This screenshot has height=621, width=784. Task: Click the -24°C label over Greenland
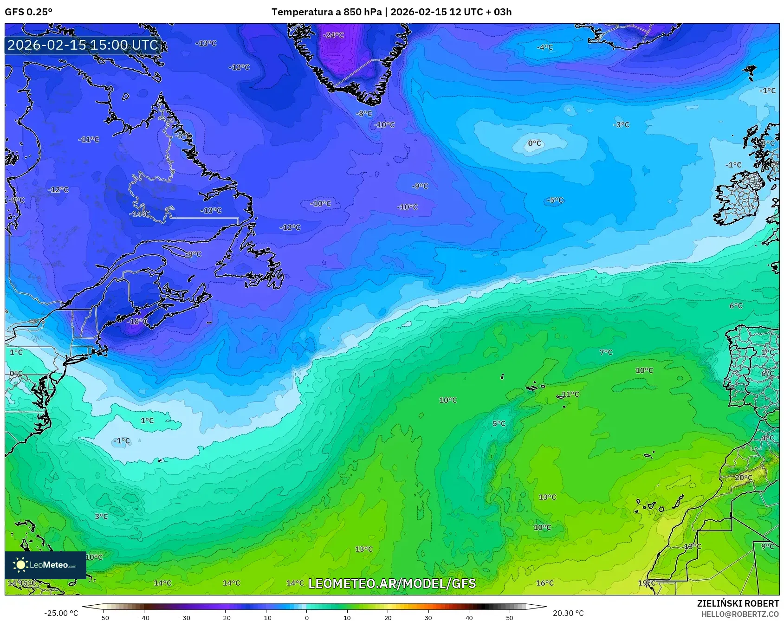[x=334, y=35]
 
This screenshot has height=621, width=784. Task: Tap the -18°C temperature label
[x=137, y=321]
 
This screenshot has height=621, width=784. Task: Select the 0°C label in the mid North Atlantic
[x=534, y=143]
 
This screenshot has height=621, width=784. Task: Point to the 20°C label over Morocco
[x=743, y=478]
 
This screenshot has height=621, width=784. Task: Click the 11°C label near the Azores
[x=570, y=395]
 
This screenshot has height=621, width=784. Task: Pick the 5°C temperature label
[x=499, y=424]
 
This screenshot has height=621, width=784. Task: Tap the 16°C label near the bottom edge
[x=545, y=583]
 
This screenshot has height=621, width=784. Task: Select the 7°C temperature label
[x=606, y=352]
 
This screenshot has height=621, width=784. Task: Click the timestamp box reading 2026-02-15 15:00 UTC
[x=83, y=45]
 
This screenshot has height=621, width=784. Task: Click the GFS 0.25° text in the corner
[x=29, y=12]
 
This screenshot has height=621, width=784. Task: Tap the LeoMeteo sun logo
[x=20, y=565]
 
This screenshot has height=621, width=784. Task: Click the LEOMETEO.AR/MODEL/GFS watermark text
[x=392, y=583]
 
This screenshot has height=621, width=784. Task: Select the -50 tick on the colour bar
[x=104, y=618]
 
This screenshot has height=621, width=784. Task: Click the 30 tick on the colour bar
[x=428, y=618]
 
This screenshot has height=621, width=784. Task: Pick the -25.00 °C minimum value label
[x=61, y=613]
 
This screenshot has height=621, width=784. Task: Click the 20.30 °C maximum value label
[x=568, y=613]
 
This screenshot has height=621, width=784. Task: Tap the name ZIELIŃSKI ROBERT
[x=738, y=603]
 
